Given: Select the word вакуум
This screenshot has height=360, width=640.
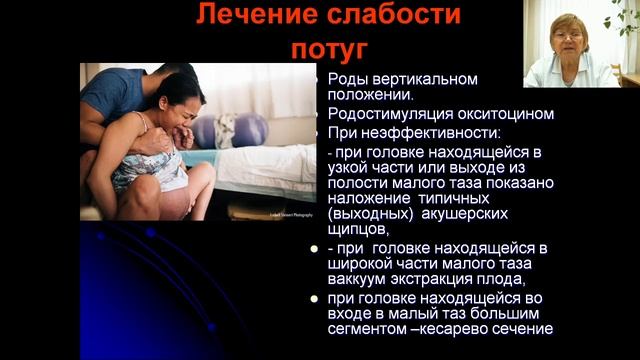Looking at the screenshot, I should click(357, 279).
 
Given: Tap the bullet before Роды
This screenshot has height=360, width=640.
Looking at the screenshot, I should click(317, 79).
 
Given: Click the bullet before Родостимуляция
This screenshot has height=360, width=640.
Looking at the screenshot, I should click(317, 114).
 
